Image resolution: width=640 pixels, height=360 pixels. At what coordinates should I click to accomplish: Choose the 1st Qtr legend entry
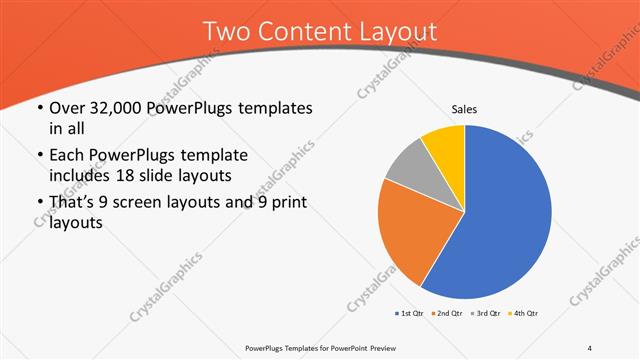[410, 315]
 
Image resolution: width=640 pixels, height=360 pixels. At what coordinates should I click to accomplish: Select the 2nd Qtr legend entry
[446, 315]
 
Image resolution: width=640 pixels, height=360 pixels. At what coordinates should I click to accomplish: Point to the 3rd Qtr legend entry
[484, 315]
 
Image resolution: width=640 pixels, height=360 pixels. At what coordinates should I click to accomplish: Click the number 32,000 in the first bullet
[115, 108]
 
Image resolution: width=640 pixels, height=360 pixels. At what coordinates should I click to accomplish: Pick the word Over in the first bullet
[66, 108]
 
